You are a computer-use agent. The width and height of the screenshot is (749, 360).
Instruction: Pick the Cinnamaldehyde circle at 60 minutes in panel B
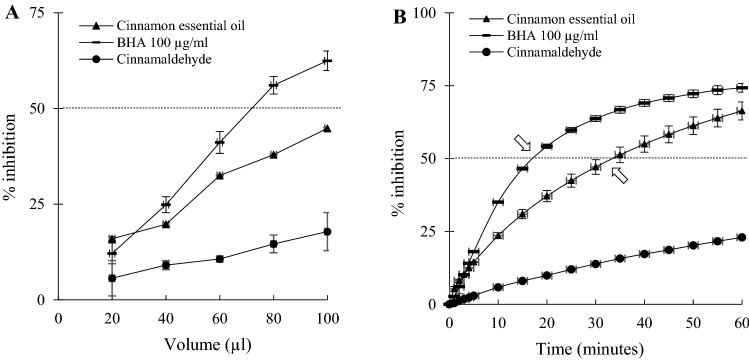(x=741, y=237)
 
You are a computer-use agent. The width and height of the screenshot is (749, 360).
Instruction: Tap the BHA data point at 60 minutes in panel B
(x=741, y=87)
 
